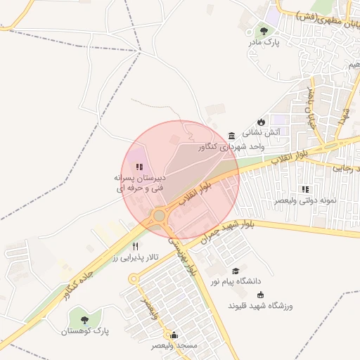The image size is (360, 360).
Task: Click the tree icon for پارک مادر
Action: pyautogui.click(x=264, y=31)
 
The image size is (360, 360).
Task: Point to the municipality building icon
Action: pyautogui.click(x=232, y=135)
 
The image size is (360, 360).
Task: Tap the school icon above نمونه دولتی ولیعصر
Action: pyautogui.click(x=305, y=189)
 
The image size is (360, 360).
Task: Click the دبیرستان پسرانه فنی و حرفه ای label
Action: pyautogui.click(x=139, y=184)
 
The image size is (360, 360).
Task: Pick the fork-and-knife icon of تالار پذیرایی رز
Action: pyautogui.click(x=134, y=246)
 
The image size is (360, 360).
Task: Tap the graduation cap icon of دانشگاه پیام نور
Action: pyautogui.click(x=236, y=271)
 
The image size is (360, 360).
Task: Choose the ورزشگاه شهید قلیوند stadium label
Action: pyautogui.click(x=260, y=307)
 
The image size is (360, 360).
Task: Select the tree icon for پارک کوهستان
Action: pyautogui.click(x=75, y=319)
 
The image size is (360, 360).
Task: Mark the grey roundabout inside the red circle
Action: pyautogui.click(x=160, y=215)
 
